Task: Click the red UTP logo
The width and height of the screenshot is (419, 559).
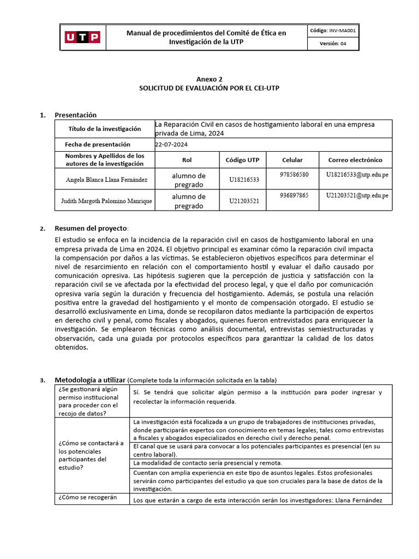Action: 82,37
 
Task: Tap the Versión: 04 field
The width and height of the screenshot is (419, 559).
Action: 333,44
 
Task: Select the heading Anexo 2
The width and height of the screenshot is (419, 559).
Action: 209,79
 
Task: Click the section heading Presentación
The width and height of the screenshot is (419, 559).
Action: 75,115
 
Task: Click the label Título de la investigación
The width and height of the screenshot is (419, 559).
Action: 104,129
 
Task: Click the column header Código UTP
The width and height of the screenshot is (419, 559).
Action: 243,160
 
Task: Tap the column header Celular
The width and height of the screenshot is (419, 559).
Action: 292,160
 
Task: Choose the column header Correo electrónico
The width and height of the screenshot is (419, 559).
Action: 355,160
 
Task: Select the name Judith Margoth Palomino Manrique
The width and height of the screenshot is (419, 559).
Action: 106,201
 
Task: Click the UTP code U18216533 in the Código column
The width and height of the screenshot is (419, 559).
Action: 244,179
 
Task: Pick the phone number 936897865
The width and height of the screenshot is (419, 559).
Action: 294,195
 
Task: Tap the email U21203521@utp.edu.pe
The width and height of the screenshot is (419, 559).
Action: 357,195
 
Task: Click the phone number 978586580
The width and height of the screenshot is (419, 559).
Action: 294,174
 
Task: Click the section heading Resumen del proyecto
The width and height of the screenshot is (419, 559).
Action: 90,228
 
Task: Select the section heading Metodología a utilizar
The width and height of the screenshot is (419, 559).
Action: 91,379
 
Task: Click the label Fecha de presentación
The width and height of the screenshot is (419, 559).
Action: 98,144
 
